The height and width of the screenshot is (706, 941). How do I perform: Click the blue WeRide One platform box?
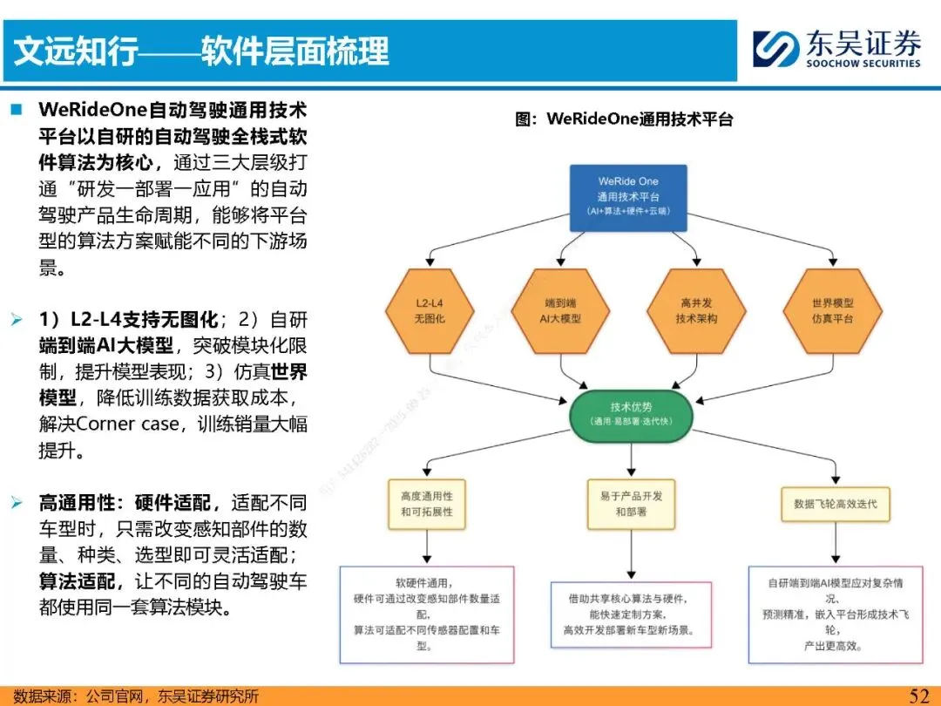(628, 198)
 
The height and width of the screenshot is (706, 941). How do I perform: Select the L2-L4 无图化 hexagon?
(429, 311)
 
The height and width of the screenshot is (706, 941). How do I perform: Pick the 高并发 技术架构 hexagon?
(696, 311)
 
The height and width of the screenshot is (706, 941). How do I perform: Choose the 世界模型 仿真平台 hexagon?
(832, 311)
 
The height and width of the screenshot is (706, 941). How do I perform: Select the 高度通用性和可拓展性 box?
(427, 504)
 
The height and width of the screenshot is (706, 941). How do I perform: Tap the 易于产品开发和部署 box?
(631, 504)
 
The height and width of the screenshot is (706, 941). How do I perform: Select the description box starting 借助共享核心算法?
(631, 614)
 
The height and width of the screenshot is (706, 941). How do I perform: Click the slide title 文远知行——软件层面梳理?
(201, 51)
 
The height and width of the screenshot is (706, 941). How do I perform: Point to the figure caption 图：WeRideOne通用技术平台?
(624, 119)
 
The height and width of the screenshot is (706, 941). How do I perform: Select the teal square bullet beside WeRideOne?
(17, 111)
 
